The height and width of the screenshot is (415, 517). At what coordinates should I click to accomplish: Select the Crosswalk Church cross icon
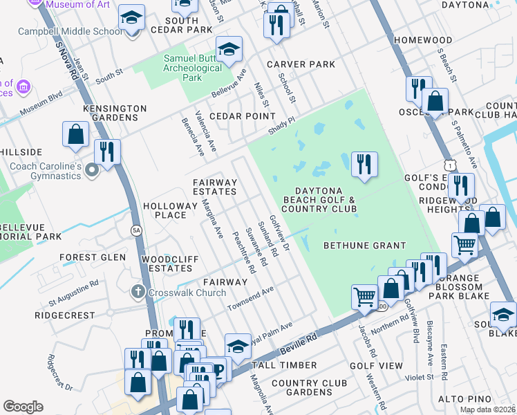138,292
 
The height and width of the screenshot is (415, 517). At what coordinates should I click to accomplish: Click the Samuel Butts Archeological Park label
192,68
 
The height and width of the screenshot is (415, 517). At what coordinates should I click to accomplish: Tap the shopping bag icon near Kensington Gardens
75,135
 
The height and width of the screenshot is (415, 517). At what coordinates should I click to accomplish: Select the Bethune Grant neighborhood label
365,246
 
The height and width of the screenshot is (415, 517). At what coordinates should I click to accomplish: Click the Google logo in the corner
23,407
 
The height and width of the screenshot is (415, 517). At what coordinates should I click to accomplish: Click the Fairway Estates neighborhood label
215,187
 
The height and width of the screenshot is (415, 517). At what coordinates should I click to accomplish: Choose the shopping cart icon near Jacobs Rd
364,297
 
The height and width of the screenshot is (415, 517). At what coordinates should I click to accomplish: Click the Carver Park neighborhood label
301,64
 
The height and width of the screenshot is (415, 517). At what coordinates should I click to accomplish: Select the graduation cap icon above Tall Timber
238,346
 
